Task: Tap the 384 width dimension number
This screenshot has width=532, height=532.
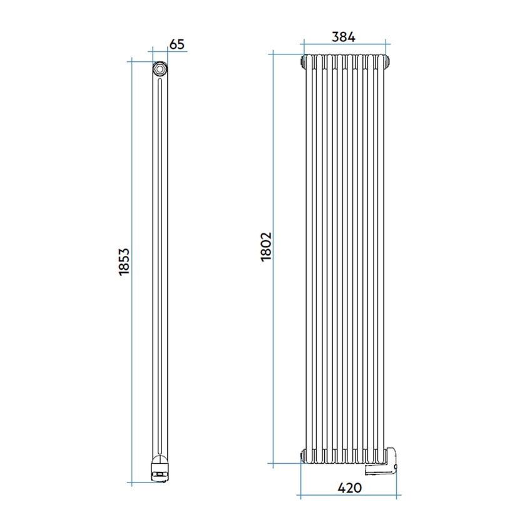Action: [x=344, y=37]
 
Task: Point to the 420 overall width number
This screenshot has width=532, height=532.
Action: [x=349, y=488]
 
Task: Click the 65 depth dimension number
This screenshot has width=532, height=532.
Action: [x=177, y=44]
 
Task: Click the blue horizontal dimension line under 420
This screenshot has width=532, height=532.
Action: [x=349, y=498]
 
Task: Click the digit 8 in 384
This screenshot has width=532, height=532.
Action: [x=344, y=37]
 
